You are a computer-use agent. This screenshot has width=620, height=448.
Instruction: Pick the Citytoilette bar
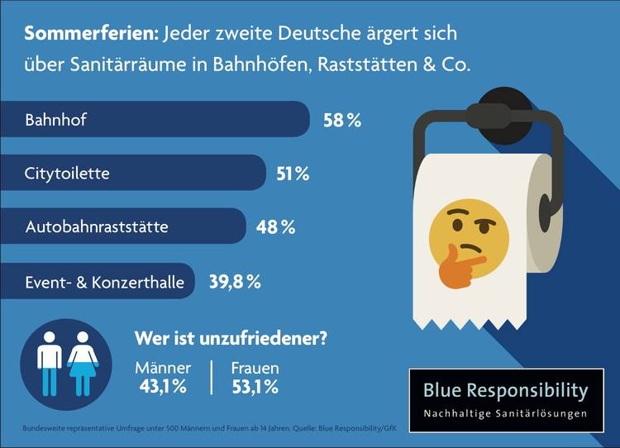[x=133, y=174]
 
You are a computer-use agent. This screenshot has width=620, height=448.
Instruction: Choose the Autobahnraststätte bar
[x=123, y=226]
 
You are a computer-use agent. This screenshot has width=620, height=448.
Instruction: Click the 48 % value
[x=275, y=226]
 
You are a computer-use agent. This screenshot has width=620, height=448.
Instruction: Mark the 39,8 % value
[x=234, y=282]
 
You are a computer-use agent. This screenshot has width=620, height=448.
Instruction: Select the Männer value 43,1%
[x=163, y=386]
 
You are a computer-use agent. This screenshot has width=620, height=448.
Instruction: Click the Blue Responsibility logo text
[x=505, y=390]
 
